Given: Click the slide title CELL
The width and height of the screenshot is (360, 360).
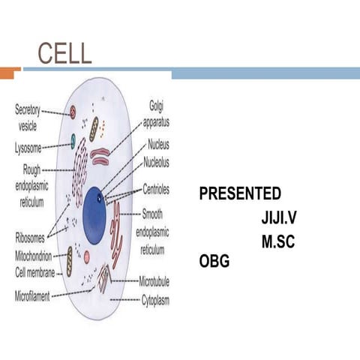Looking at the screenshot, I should click(64, 53).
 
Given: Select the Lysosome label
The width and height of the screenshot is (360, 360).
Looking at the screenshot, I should click(28, 148).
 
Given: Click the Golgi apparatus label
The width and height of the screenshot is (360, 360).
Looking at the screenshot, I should click(158, 114).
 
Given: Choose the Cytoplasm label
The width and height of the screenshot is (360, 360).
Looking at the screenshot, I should click(159, 299).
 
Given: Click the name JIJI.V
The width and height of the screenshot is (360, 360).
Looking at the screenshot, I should click(280, 218).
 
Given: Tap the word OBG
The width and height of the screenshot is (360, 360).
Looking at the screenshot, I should click(214, 262).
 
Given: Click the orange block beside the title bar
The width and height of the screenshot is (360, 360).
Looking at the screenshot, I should click(10, 73).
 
